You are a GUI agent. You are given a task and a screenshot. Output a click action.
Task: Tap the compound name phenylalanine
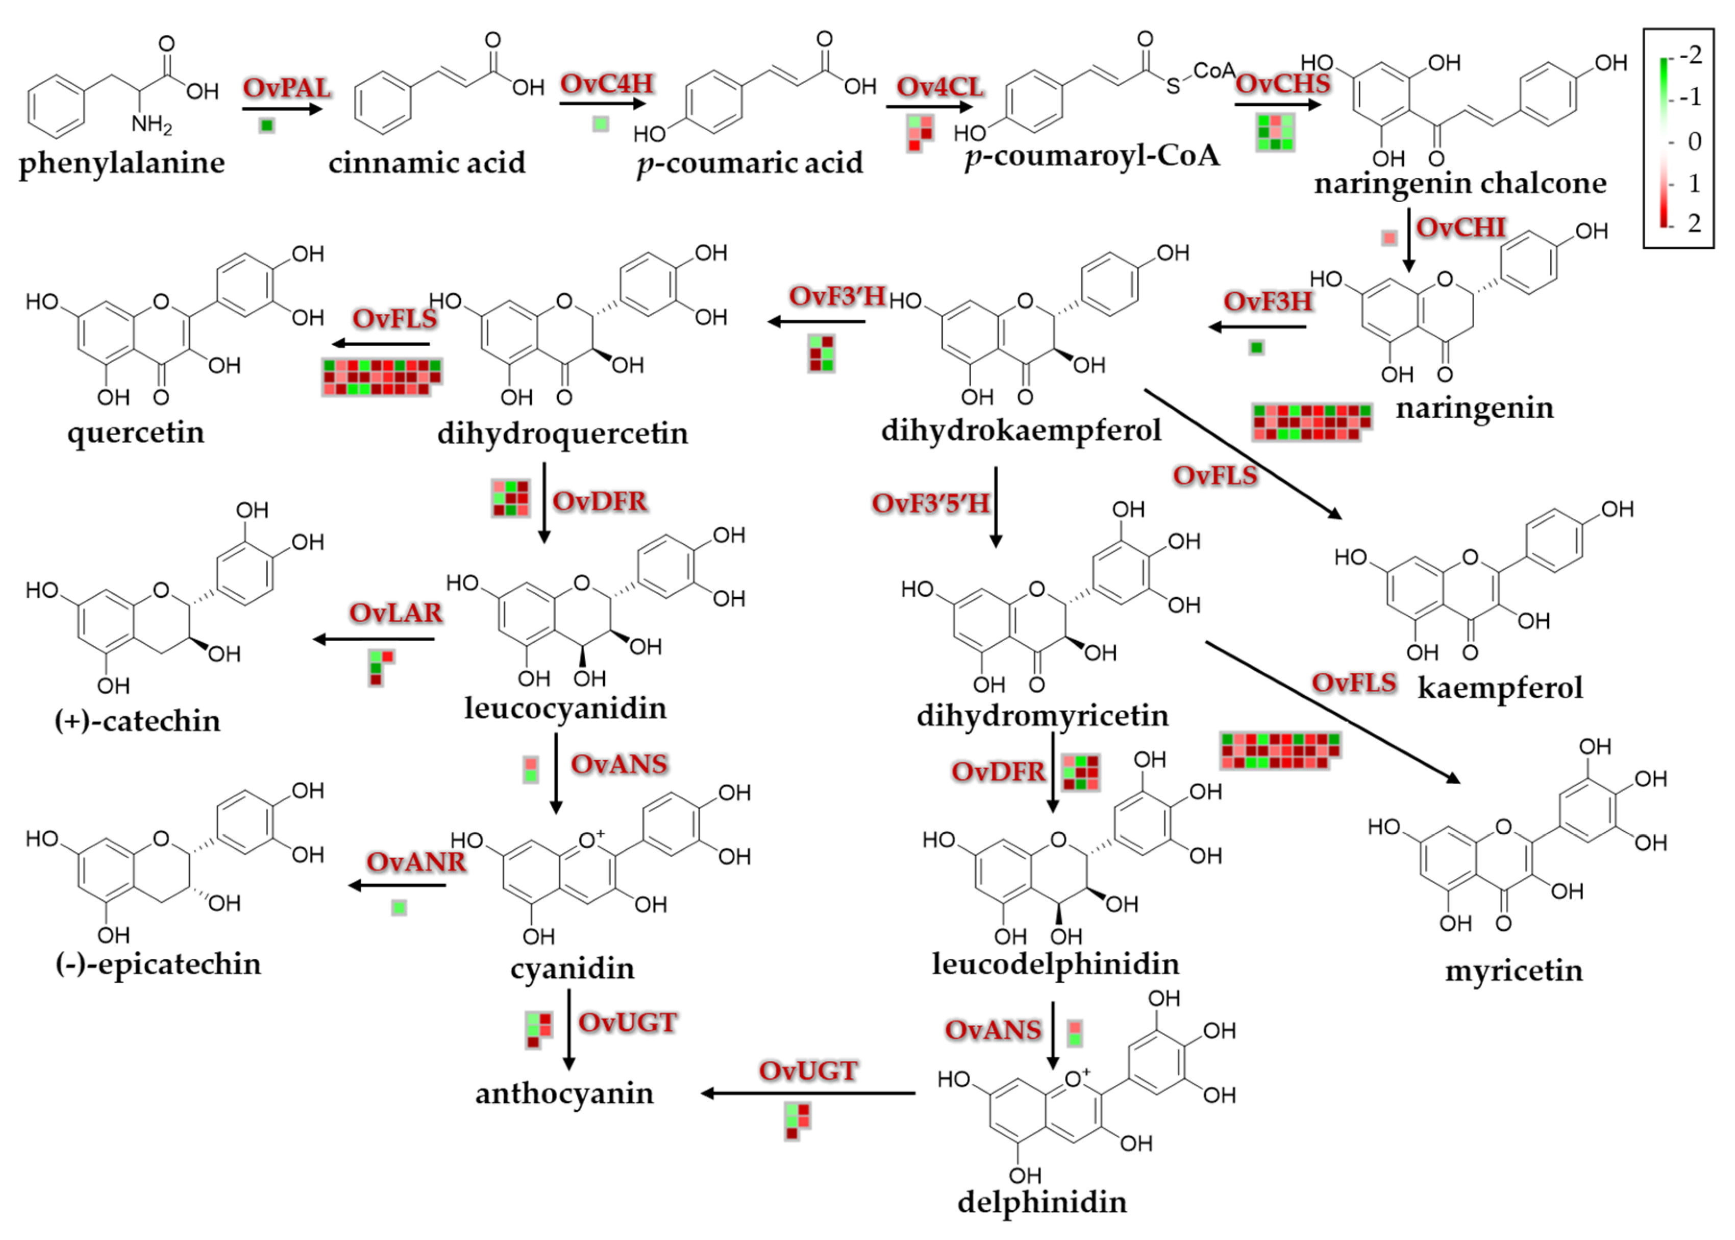[122, 163]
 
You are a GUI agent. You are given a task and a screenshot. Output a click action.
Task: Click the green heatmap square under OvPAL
[266, 125]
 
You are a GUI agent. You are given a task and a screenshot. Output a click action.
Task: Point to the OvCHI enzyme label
[1460, 227]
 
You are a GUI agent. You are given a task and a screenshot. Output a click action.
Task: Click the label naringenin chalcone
[1459, 183]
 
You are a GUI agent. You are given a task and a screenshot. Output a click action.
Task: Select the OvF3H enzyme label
[1267, 301]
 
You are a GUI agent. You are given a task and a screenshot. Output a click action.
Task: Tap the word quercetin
[136, 432]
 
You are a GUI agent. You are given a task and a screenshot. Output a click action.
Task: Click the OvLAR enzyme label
[395, 613]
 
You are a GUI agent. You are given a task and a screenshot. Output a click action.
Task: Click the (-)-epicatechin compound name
[158, 964]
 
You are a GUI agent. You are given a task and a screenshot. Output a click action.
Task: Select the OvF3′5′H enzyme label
[930, 503]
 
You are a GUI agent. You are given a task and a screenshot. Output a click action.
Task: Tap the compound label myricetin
[1514, 971]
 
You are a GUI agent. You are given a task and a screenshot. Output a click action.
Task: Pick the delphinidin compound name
[1042, 1202]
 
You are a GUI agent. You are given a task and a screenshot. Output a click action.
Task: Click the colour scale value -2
[1691, 55]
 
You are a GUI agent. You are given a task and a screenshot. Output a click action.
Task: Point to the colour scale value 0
[1694, 141]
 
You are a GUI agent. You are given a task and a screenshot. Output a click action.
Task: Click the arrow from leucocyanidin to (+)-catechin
[374, 639]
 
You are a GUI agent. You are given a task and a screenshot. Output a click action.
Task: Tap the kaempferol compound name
[1500, 687]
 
